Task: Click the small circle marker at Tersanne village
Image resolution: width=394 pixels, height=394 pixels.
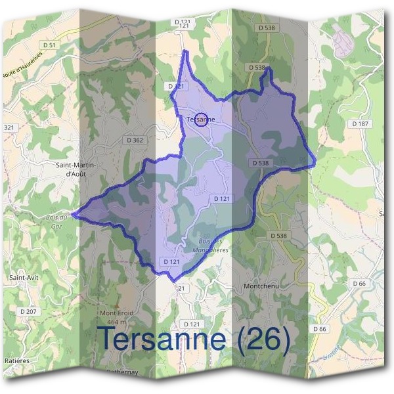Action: click(202, 119)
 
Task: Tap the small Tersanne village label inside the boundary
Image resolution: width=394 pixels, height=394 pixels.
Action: click(201, 120)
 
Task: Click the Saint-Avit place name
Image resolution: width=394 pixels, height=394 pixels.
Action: click(24, 278)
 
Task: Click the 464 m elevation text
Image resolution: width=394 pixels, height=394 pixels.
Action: click(117, 322)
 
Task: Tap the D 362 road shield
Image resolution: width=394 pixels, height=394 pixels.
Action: click(135, 140)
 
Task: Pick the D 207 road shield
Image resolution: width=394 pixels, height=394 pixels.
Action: click(29, 311)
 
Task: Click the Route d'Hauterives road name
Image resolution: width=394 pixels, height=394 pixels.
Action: click(20, 68)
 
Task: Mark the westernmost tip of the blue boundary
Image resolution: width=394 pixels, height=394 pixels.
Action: click(73, 213)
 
